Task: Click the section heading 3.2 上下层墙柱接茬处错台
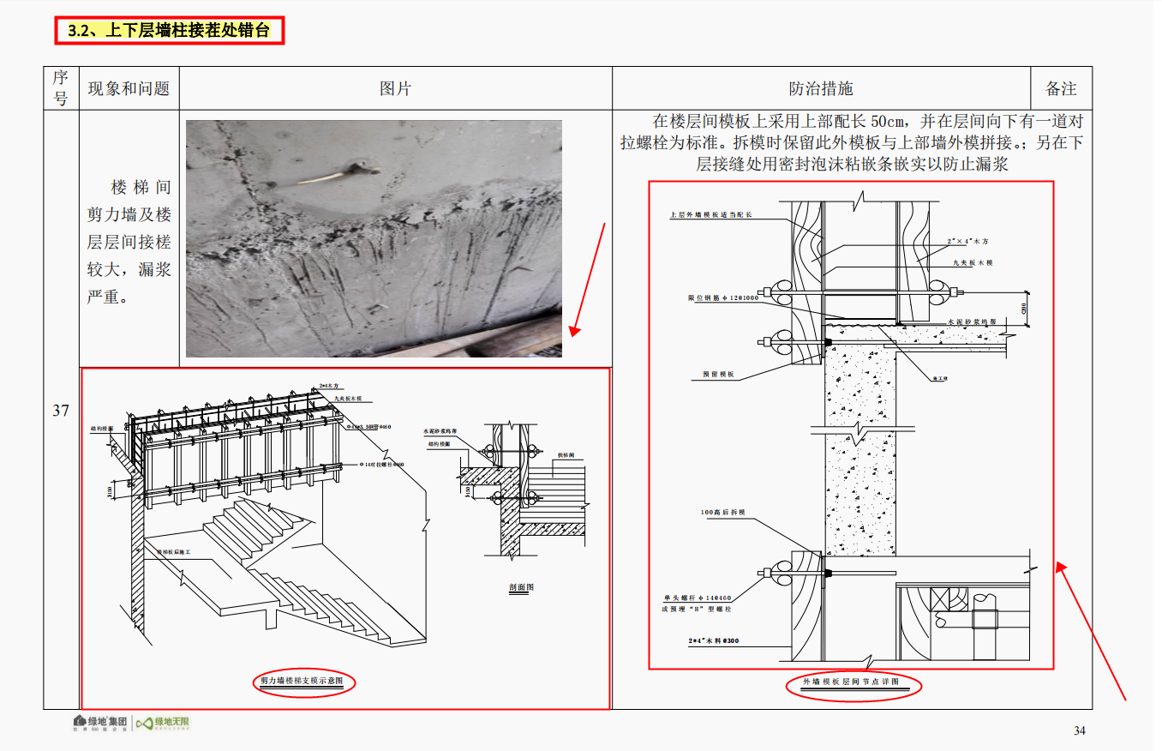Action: [168, 31]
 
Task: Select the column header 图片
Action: [395, 88]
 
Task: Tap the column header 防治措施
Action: [820, 88]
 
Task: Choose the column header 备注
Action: [1061, 88]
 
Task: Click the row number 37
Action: [61, 410]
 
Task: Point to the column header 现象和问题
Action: [129, 88]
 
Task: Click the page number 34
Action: [1080, 730]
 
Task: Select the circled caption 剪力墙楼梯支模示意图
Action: [302, 682]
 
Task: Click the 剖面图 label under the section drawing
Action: [521, 587]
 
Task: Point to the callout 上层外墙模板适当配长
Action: [710, 216]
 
